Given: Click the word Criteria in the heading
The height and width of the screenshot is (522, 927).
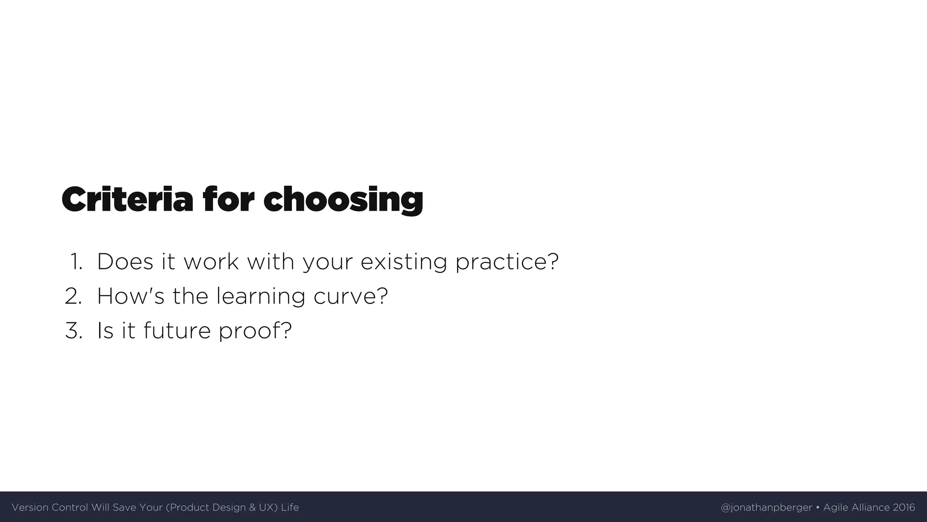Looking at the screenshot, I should (127, 200).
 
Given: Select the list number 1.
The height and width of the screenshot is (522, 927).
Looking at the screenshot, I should (76, 262).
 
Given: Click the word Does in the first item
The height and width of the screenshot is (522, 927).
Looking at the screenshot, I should (125, 262).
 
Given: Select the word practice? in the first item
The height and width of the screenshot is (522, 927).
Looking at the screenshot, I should (507, 262).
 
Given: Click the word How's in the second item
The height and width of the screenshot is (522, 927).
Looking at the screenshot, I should (130, 296).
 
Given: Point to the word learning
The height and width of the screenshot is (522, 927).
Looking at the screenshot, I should (261, 296).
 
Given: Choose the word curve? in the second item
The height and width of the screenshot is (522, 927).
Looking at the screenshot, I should (350, 296).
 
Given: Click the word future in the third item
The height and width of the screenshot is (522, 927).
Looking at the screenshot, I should (177, 331).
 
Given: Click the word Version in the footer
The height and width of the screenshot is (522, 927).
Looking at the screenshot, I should (30, 507).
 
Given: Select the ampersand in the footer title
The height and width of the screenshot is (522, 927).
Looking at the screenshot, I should (252, 507).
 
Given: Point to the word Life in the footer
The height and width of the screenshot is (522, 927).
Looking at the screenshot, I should (290, 507).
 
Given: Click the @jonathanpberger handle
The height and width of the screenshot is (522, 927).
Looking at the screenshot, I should (766, 507).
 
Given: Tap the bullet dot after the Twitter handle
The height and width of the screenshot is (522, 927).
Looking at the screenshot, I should (817, 507).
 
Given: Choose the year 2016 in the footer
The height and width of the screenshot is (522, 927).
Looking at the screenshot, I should (903, 507).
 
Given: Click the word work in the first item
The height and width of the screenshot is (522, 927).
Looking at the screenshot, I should (211, 262).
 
